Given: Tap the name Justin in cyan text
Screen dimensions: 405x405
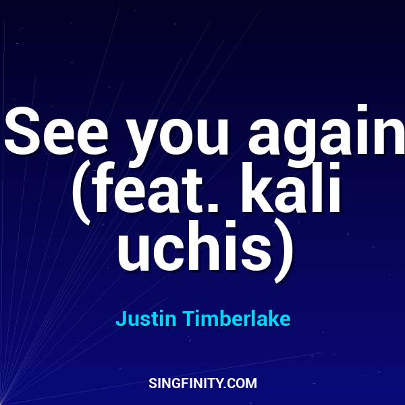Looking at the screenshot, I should [140, 319].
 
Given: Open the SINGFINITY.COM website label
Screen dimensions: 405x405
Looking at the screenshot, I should [202, 383].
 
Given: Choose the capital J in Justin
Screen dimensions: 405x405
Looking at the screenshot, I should [121, 319].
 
